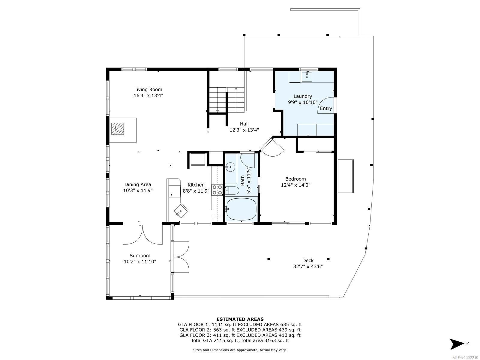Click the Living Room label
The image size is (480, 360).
click(x=148, y=89)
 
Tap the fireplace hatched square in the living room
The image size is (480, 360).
click(x=117, y=128)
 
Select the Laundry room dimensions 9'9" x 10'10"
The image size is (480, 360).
click(x=303, y=102)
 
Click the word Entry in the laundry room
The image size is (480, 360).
click(x=326, y=108)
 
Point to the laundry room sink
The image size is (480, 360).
click(x=307, y=76)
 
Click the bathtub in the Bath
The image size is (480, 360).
click(x=241, y=209)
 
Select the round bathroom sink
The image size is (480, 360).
click(x=230, y=167)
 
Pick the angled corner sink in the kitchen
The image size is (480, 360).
click(x=181, y=211)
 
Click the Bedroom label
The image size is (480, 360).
click(x=295, y=179)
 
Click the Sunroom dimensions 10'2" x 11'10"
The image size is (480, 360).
click(x=140, y=261)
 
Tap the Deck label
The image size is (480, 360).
click(x=308, y=260)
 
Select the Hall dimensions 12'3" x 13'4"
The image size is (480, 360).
click(x=244, y=130)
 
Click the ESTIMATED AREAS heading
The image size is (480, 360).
click(x=240, y=319)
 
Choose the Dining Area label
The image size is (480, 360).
click(x=138, y=184)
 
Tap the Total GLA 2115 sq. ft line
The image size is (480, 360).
click(x=240, y=340)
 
